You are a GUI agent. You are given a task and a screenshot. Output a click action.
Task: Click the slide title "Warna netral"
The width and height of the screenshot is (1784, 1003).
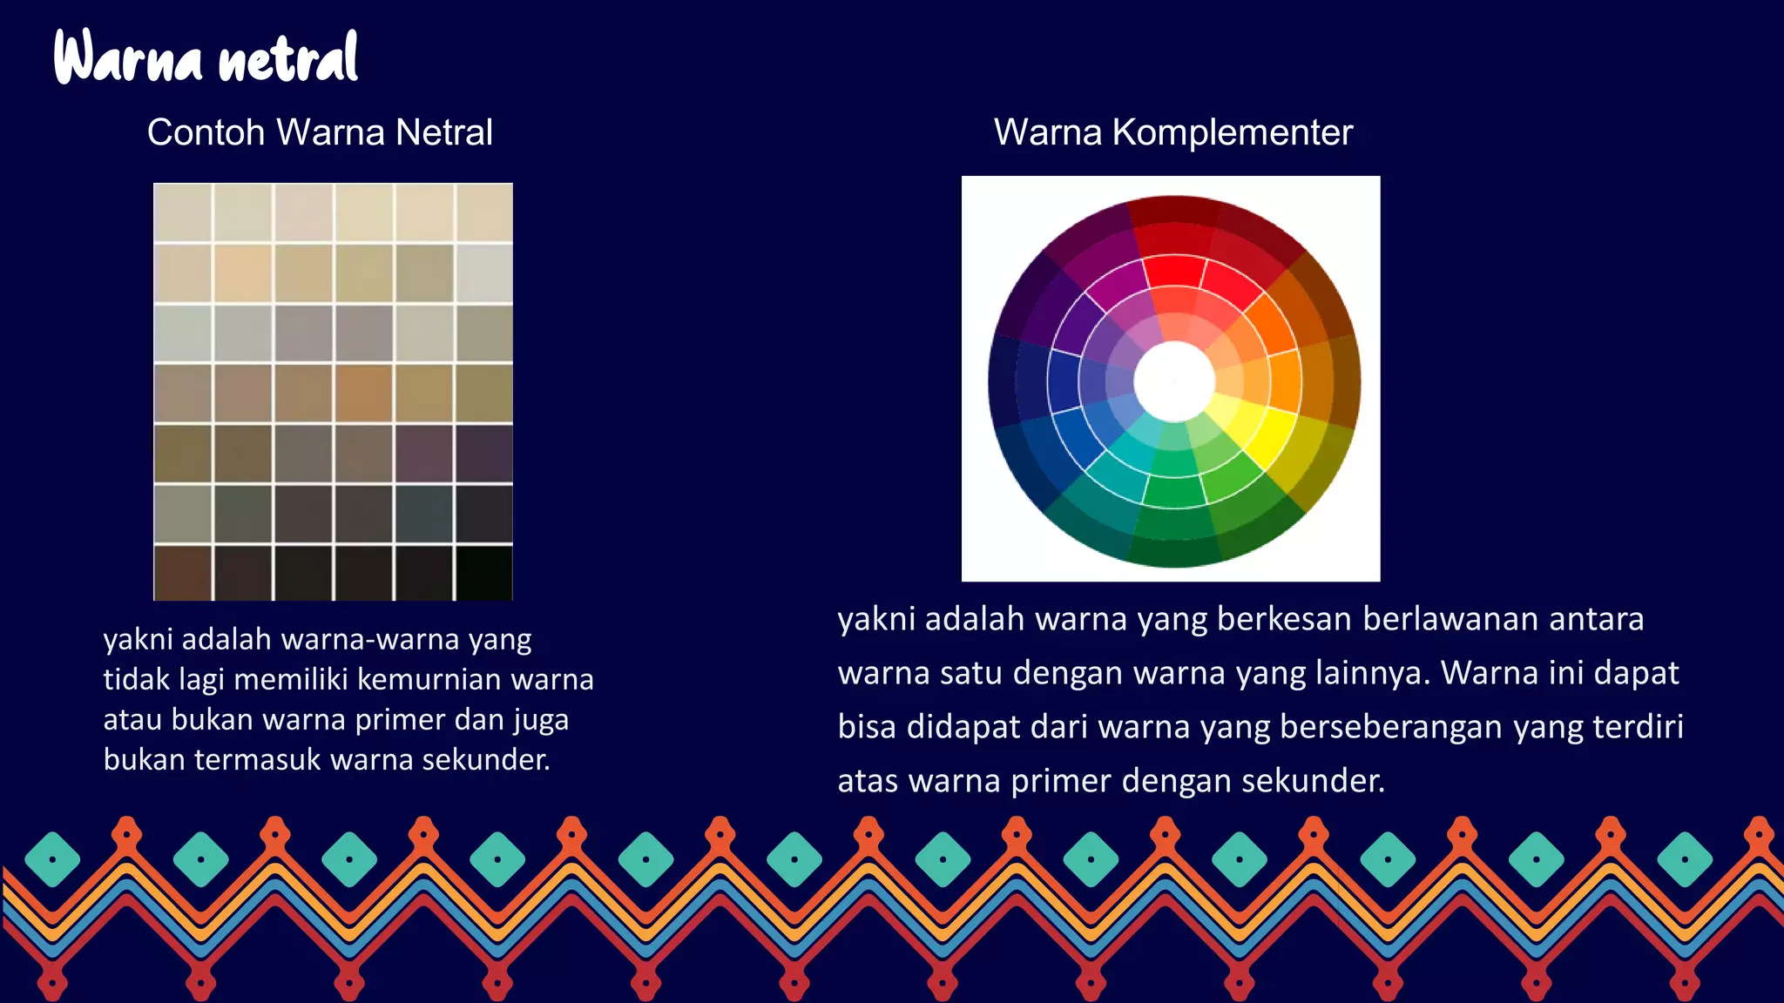(x=206, y=57)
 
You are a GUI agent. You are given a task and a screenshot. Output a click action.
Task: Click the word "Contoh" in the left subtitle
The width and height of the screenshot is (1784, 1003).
(x=206, y=132)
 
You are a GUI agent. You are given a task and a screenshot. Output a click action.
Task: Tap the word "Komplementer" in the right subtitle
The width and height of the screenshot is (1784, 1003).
(x=1232, y=132)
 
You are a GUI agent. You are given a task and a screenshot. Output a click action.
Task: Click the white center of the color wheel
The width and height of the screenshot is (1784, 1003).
(x=1173, y=381)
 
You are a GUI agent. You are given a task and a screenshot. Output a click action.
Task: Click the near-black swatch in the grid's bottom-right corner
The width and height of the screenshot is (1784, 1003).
(x=483, y=573)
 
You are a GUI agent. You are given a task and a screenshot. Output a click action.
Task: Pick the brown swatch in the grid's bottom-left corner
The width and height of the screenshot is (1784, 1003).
(x=183, y=573)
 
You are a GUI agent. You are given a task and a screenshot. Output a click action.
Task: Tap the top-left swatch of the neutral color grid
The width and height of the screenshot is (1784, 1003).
(x=183, y=212)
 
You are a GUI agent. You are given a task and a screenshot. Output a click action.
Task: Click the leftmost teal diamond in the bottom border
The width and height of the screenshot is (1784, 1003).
(x=52, y=859)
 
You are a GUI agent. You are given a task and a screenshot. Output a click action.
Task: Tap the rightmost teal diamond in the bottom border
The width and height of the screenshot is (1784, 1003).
(x=1685, y=859)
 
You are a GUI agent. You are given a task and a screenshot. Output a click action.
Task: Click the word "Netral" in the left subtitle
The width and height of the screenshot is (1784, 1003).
(x=443, y=132)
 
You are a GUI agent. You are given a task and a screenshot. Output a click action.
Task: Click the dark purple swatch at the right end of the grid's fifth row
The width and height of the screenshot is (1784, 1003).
(x=483, y=453)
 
